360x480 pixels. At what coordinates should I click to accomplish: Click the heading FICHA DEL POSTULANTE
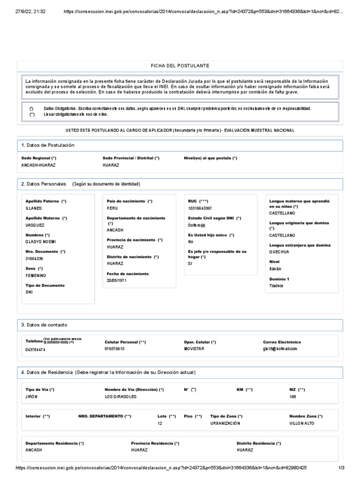pos(180,66)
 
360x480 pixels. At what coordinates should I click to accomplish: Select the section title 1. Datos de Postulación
pos(48,145)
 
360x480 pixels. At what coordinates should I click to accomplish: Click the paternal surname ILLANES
pos(34,208)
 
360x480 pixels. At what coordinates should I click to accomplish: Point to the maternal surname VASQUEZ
pos(35,225)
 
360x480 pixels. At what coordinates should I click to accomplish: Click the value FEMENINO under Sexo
pos(36,276)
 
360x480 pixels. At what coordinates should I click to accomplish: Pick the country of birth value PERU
pos(112,208)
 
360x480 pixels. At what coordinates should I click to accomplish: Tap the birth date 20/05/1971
pos(117,280)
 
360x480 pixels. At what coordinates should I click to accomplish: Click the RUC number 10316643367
pos(200,208)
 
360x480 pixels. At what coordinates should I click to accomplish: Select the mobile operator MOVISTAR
pos(194,349)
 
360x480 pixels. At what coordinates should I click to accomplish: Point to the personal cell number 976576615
pos(114,349)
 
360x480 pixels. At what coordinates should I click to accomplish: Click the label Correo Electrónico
pos(282,342)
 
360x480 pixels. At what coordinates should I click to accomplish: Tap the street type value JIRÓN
pos(31,397)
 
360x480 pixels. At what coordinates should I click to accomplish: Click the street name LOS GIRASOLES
pos(121,397)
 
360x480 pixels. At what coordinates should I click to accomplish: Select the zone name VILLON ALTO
pos(302,423)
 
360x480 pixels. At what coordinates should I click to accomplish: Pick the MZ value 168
pos(293,397)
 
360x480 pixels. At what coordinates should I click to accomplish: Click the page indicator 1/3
pos(341,468)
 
